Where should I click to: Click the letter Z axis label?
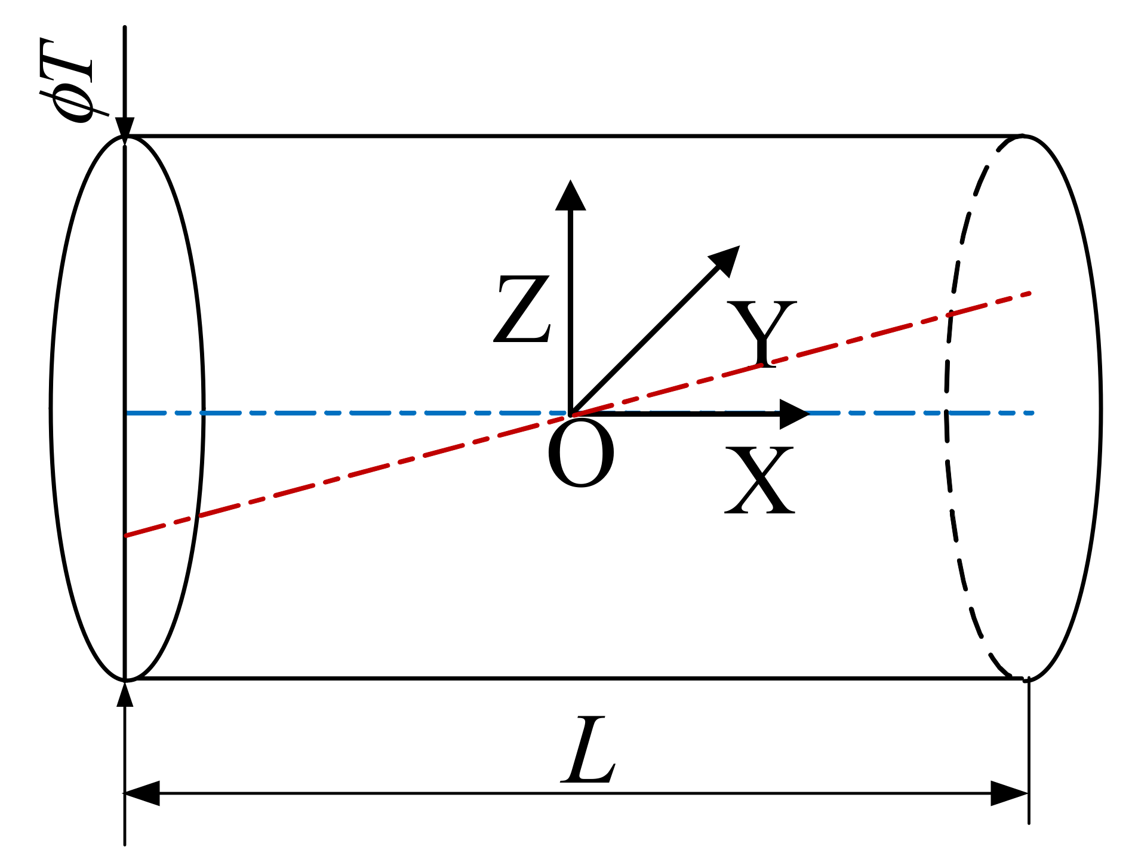[x=522, y=310]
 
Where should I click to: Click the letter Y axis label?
[x=761, y=334]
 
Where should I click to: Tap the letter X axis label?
[x=759, y=480]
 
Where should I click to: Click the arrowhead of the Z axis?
[x=570, y=196]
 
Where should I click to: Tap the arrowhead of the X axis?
[x=794, y=413]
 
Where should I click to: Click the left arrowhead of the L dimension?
[x=142, y=793]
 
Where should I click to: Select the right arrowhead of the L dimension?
[x=1009, y=793]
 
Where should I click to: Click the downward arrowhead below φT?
[x=125, y=130]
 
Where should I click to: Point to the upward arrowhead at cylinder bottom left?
[x=125, y=694]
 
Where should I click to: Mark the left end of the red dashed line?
[x=126, y=535]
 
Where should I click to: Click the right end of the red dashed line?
[x=1030, y=293]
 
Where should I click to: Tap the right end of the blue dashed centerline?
[x=1032, y=412]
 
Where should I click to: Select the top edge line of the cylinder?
[x=573, y=136]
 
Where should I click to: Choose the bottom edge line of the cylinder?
[x=573, y=679]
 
